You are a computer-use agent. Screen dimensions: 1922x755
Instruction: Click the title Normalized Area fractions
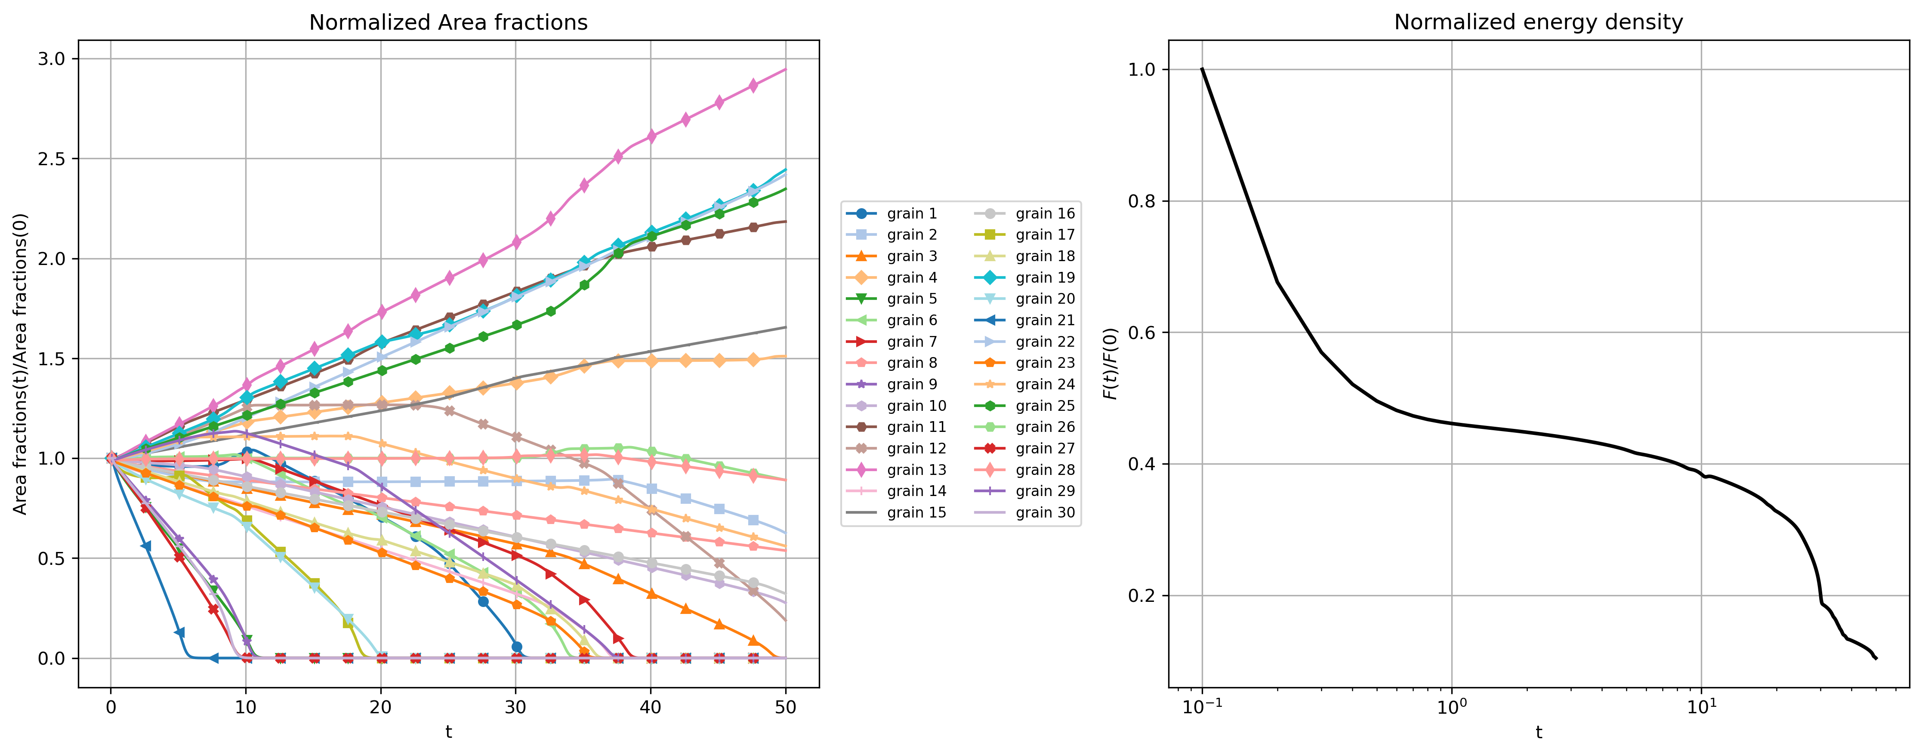[x=448, y=22]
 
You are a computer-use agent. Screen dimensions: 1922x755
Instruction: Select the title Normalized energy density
[x=1539, y=22]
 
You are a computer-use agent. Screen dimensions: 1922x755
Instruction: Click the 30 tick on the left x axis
[x=515, y=707]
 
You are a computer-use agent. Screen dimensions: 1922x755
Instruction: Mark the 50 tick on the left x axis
[x=786, y=707]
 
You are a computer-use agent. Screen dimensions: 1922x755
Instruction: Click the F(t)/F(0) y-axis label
[x=1111, y=364]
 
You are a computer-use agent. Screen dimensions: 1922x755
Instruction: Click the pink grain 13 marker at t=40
[x=651, y=136]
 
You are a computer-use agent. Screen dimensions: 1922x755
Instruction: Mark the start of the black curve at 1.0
[x=1202, y=69]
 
